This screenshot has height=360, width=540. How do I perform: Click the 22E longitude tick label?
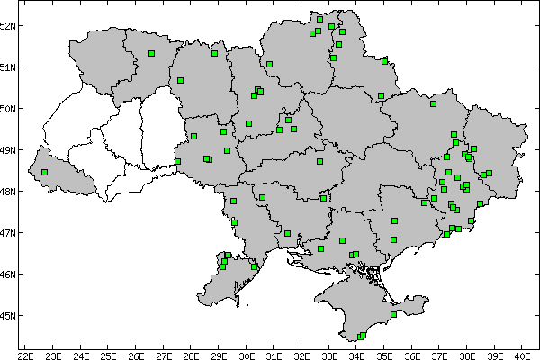pyautogui.click(x=25, y=355)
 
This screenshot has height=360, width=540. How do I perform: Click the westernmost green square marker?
pyautogui.click(x=44, y=172)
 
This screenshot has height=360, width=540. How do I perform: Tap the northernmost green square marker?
pyautogui.click(x=320, y=19)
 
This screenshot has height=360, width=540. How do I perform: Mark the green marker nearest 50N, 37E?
pyautogui.click(x=433, y=103)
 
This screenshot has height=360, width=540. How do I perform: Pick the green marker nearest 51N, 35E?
pyautogui.click(x=384, y=61)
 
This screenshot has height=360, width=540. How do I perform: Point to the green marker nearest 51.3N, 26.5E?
pyautogui.click(x=151, y=53)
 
